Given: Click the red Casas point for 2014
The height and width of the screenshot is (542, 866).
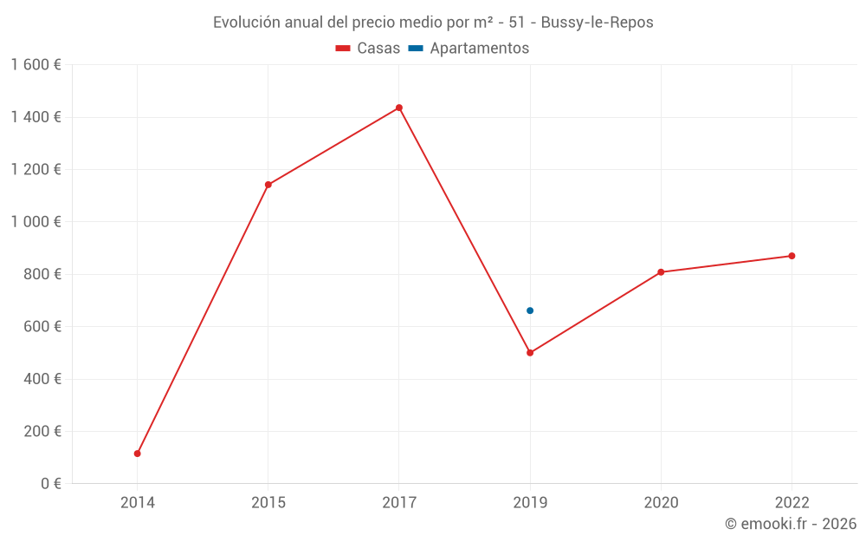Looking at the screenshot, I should click(138, 454).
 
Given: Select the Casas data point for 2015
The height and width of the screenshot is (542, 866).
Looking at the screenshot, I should click(268, 185).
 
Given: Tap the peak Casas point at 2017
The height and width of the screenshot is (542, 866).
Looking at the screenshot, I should click(399, 108).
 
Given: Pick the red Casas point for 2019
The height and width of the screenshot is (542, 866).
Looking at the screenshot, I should click(530, 353).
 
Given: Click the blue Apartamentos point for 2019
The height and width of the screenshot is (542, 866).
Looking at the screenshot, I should click(530, 310).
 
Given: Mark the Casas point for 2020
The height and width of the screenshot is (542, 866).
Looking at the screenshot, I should click(661, 272).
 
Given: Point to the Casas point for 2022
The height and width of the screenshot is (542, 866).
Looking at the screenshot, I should click(792, 256).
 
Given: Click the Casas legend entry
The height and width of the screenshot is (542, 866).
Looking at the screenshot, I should click(368, 49).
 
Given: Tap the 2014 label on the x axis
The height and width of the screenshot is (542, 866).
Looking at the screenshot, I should click(138, 502).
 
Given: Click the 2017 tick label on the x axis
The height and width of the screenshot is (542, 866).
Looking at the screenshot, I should click(399, 502).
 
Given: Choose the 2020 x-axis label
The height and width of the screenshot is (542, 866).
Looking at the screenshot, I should click(661, 502).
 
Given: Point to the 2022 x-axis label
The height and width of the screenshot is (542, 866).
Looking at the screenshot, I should click(792, 502).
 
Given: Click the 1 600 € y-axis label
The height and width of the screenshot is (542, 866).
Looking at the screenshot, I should click(36, 65).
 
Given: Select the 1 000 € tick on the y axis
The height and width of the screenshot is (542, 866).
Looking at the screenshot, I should click(36, 222).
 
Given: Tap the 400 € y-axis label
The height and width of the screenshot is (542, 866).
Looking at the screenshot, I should click(41, 379).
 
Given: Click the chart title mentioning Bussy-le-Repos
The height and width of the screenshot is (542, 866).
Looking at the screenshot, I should click(433, 23).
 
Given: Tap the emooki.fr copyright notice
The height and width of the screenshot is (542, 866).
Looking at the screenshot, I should click(790, 524).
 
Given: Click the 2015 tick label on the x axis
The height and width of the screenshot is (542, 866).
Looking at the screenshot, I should click(268, 502).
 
